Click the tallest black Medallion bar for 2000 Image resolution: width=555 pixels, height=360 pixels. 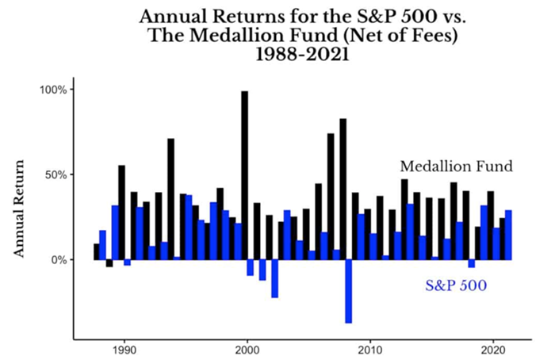pyautogui.click(x=244, y=174)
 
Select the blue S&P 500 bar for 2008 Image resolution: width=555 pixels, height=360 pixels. pyautogui.click(x=349, y=291)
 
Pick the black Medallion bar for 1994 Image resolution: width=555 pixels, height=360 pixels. pyautogui.click(x=170, y=198)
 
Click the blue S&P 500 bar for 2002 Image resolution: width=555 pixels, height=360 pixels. pyautogui.click(x=274, y=278)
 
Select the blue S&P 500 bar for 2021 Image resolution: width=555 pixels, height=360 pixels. pyautogui.click(x=508, y=235)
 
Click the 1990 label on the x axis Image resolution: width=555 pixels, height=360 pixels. pyautogui.click(x=124, y=349)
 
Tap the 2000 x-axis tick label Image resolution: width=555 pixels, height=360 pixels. pyautogui.click(x=247, y=349)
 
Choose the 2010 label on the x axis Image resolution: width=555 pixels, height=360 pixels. pyautogui.click(x=370, y=349)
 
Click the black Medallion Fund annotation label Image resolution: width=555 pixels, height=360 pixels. pyautogui.click(x=456, y=167)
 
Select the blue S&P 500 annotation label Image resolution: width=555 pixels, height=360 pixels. pyautogui.click(x=455, y=285)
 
